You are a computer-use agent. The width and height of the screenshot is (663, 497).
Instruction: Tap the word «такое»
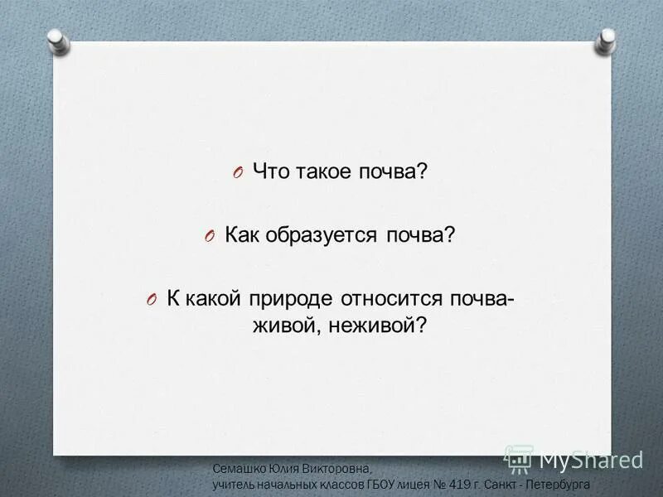(x=324, y=172)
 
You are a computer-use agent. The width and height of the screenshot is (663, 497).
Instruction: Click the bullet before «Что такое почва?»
(x=238, y=173)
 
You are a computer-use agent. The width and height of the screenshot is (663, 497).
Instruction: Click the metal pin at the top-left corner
(x=56, y=40)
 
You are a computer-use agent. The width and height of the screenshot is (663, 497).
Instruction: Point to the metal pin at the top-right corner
(x=607, y=38)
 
